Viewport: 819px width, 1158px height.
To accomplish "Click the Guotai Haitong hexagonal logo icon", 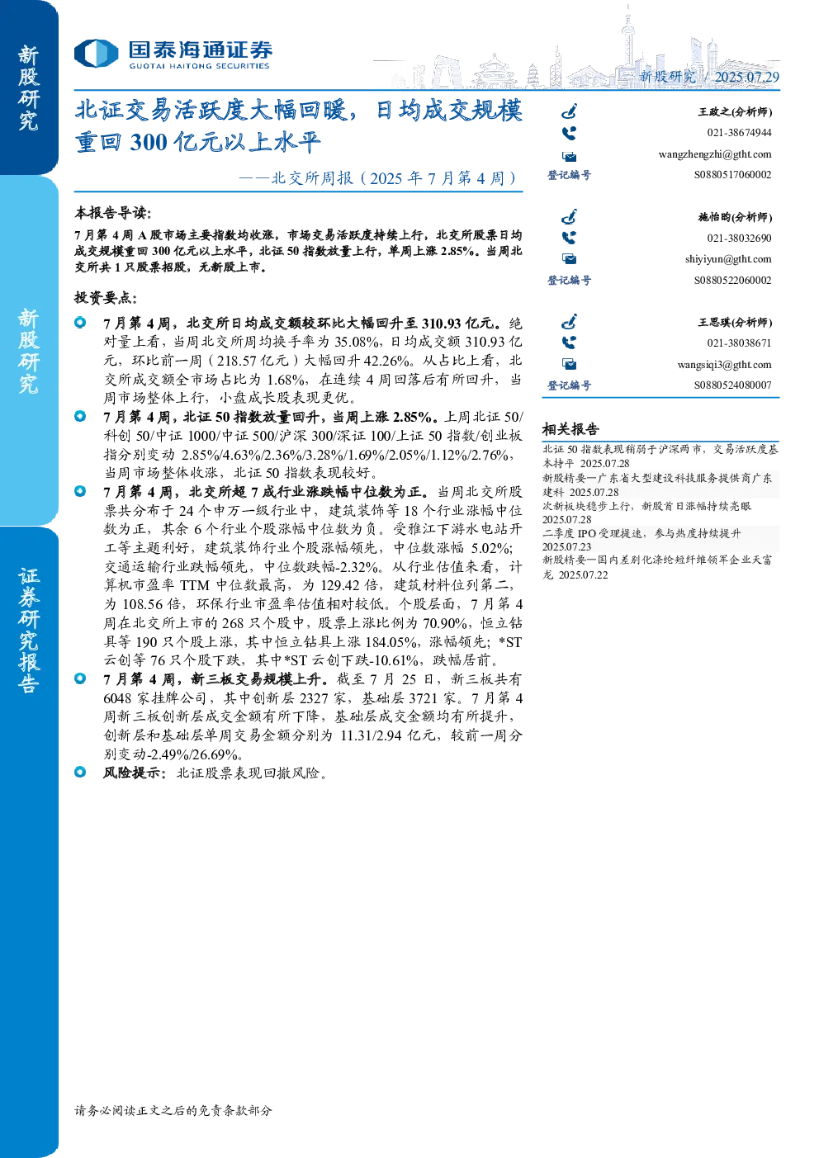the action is point(96,53).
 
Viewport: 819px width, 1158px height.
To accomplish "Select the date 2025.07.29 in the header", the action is point(746,77).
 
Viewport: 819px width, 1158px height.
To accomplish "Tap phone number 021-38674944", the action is point(739,133).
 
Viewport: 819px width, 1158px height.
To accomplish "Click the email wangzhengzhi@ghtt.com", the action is point(714,154).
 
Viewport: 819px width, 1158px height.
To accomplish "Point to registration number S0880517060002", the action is point(732,175).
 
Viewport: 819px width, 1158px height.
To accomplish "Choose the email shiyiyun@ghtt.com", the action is point(728,259).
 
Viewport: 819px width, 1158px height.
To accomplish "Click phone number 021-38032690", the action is point(739,238).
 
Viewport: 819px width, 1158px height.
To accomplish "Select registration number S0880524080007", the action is point(732,385).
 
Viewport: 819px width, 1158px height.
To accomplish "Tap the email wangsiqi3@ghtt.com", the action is point(724,365).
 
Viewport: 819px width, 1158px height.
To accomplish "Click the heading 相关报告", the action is point(570,428).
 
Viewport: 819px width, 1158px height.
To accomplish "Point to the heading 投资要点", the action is point(106,298).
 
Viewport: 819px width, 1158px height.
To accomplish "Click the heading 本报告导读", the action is point(113,212).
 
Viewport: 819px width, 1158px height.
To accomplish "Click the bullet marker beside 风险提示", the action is point(80,772).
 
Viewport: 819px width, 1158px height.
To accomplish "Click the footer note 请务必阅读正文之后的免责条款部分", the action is point(173,1110).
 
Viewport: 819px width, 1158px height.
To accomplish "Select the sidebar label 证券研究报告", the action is point(28,630).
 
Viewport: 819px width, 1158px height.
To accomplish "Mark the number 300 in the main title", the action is point(149,142).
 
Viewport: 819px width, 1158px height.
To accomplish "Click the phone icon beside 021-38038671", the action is point(568,343).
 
